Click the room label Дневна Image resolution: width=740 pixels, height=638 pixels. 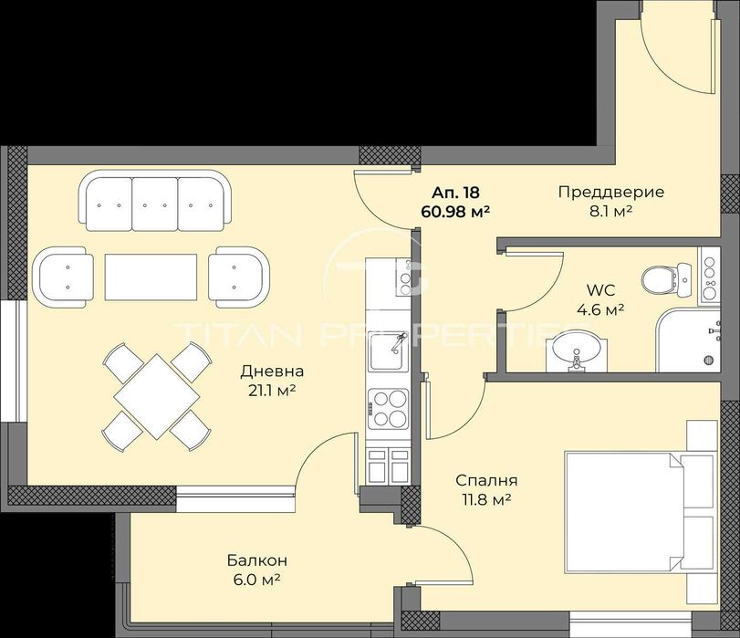tap(271, 371)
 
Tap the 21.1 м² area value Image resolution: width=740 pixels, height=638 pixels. tap(271, 391)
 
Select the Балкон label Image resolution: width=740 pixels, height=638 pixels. tap(251, 560)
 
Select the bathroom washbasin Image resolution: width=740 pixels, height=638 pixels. tap(576, 350)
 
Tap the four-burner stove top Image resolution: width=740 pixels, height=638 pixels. tap(389, 407)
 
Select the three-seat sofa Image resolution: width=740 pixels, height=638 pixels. tap(154, 204)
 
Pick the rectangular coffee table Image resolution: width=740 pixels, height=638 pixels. tap(151, 277)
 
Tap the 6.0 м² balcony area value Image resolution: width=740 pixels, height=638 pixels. tap(251, 580)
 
